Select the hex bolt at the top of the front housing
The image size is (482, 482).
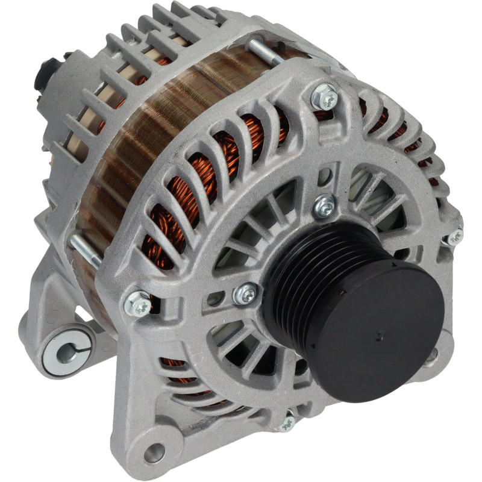pos(326,96)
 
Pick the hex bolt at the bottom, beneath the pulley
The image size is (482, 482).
pos(286,423)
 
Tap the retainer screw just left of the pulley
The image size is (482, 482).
pos(245,293)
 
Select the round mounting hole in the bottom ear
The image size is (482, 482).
pos(154,451)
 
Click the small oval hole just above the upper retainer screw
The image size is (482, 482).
pos(324,177)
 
